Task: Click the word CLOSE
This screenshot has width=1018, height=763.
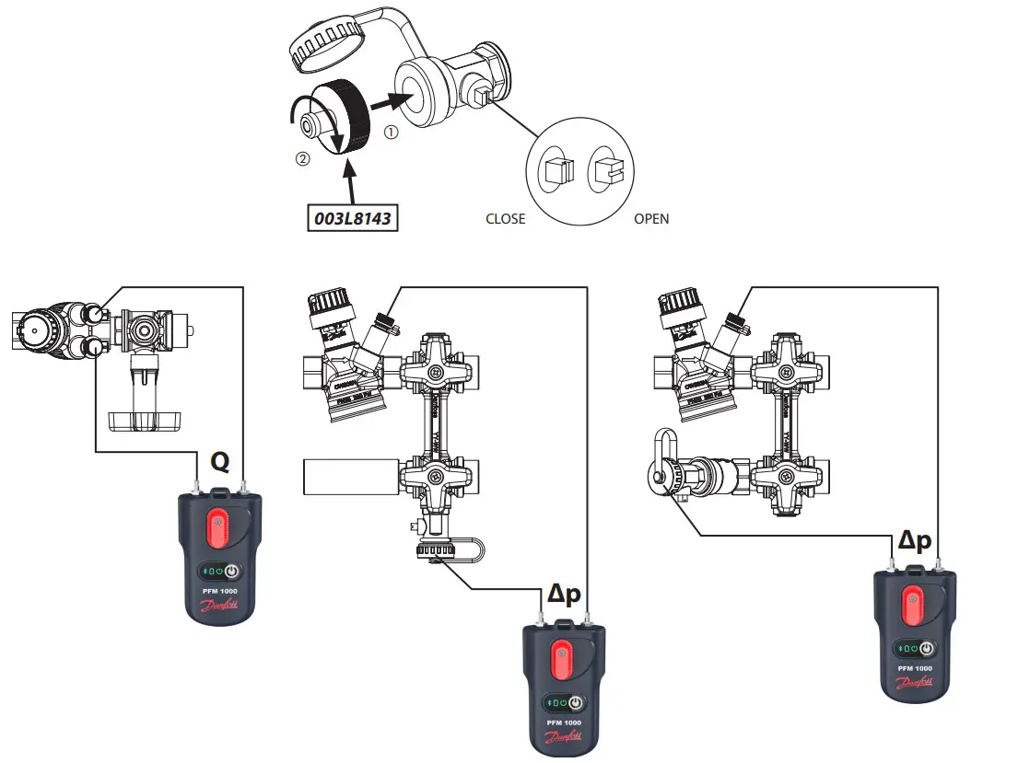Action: pos(505,219)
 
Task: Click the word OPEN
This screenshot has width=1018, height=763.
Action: pos(651,219)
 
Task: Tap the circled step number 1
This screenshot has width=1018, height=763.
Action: pos(392,132)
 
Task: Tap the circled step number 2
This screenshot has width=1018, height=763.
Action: pos(301,158)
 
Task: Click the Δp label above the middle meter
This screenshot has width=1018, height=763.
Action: pos(564,595)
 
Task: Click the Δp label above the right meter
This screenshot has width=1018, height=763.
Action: pos(915,540)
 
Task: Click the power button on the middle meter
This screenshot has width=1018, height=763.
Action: pos(576,702)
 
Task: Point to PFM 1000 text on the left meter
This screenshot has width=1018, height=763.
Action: pos(219,590)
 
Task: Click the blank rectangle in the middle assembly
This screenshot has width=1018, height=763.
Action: pos(347,477)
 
